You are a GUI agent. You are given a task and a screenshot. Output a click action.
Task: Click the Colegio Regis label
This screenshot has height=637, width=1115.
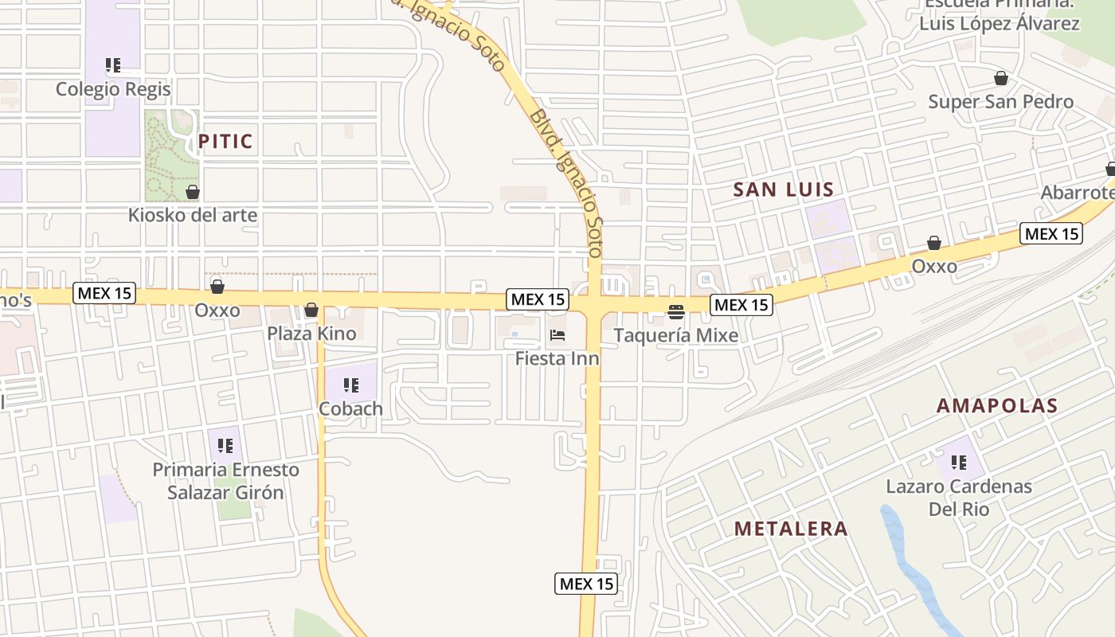click(113, 88)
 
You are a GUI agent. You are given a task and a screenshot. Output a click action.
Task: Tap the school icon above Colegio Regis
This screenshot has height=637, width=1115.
click(113, 65)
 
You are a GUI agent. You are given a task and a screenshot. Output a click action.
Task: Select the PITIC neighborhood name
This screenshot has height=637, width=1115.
click(225, 142)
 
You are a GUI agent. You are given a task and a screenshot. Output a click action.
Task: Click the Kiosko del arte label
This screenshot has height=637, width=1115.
click(193, 215)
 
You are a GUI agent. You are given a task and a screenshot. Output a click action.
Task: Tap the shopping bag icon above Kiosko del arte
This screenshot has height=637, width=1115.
click(193, 192)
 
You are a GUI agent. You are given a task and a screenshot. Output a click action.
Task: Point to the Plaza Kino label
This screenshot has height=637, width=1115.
click(311, 333)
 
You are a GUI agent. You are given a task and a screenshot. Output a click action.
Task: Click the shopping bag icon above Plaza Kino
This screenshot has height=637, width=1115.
click(311, 310)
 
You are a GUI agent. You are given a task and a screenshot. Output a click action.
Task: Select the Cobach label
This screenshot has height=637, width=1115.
click(350, 408)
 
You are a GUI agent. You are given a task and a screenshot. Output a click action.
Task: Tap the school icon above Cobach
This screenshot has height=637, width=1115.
click(350, 385)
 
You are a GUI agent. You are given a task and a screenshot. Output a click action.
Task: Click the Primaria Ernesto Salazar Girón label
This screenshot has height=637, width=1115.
click(225, 481)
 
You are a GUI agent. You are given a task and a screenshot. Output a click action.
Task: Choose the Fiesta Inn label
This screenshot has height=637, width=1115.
click(557, 358)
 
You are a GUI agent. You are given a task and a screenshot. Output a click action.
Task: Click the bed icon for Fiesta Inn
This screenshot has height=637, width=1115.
click(557, 335)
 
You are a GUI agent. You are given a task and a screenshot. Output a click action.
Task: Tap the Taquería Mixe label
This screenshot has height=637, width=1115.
click(676, 335)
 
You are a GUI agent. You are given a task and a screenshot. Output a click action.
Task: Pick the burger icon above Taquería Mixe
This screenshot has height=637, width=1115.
click(676, 311)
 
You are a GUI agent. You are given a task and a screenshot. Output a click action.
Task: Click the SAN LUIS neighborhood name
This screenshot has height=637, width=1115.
click(783, 190)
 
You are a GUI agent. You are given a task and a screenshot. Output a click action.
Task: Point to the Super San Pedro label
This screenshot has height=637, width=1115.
click(1001, 101)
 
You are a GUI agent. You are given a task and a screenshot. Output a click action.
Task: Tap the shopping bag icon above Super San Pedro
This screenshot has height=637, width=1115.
click(1001, 78)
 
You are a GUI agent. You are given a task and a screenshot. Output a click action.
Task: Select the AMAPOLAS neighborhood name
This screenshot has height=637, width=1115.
click(997, 405)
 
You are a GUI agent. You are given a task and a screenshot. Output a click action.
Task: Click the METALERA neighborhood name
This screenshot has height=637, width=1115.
click(791, 529)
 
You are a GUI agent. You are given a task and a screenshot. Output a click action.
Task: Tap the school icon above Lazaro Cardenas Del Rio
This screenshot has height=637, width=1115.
click(959, 462)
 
